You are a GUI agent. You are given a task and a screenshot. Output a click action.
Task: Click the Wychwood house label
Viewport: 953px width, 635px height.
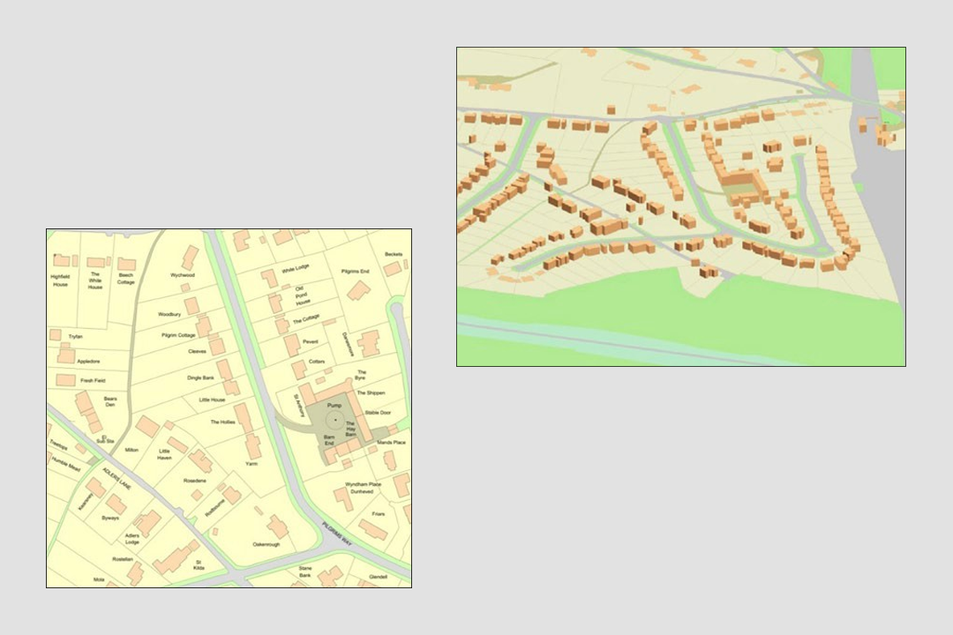click(x=183, y=275)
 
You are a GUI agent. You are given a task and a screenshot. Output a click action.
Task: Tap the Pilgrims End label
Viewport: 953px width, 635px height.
click(x=355, y=271)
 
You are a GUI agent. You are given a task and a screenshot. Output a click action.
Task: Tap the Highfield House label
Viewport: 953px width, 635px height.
click(x=59, y=280)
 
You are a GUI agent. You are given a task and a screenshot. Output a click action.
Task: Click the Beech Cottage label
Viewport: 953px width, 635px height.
click(x=126, y=279)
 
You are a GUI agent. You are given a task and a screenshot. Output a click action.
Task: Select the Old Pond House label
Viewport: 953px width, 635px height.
click(x=300, y=295)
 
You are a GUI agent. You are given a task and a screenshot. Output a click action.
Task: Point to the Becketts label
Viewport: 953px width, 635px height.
click(x=394, y=254)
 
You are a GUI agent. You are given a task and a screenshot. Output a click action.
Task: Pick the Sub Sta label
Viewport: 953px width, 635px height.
click(x=106, y=440)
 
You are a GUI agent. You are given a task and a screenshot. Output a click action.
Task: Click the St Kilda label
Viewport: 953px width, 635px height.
click(x=199, y=564)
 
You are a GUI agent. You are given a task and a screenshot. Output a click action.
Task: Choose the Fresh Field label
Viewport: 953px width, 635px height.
click(x=93, y=380)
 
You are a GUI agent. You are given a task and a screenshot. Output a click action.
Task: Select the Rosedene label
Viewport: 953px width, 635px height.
click(x=194, y=481)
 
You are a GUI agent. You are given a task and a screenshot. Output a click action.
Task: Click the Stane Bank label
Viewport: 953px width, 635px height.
click(x=305, y=571)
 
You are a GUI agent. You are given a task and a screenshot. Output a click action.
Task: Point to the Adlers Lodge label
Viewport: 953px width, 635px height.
click(x=132, y=538)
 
